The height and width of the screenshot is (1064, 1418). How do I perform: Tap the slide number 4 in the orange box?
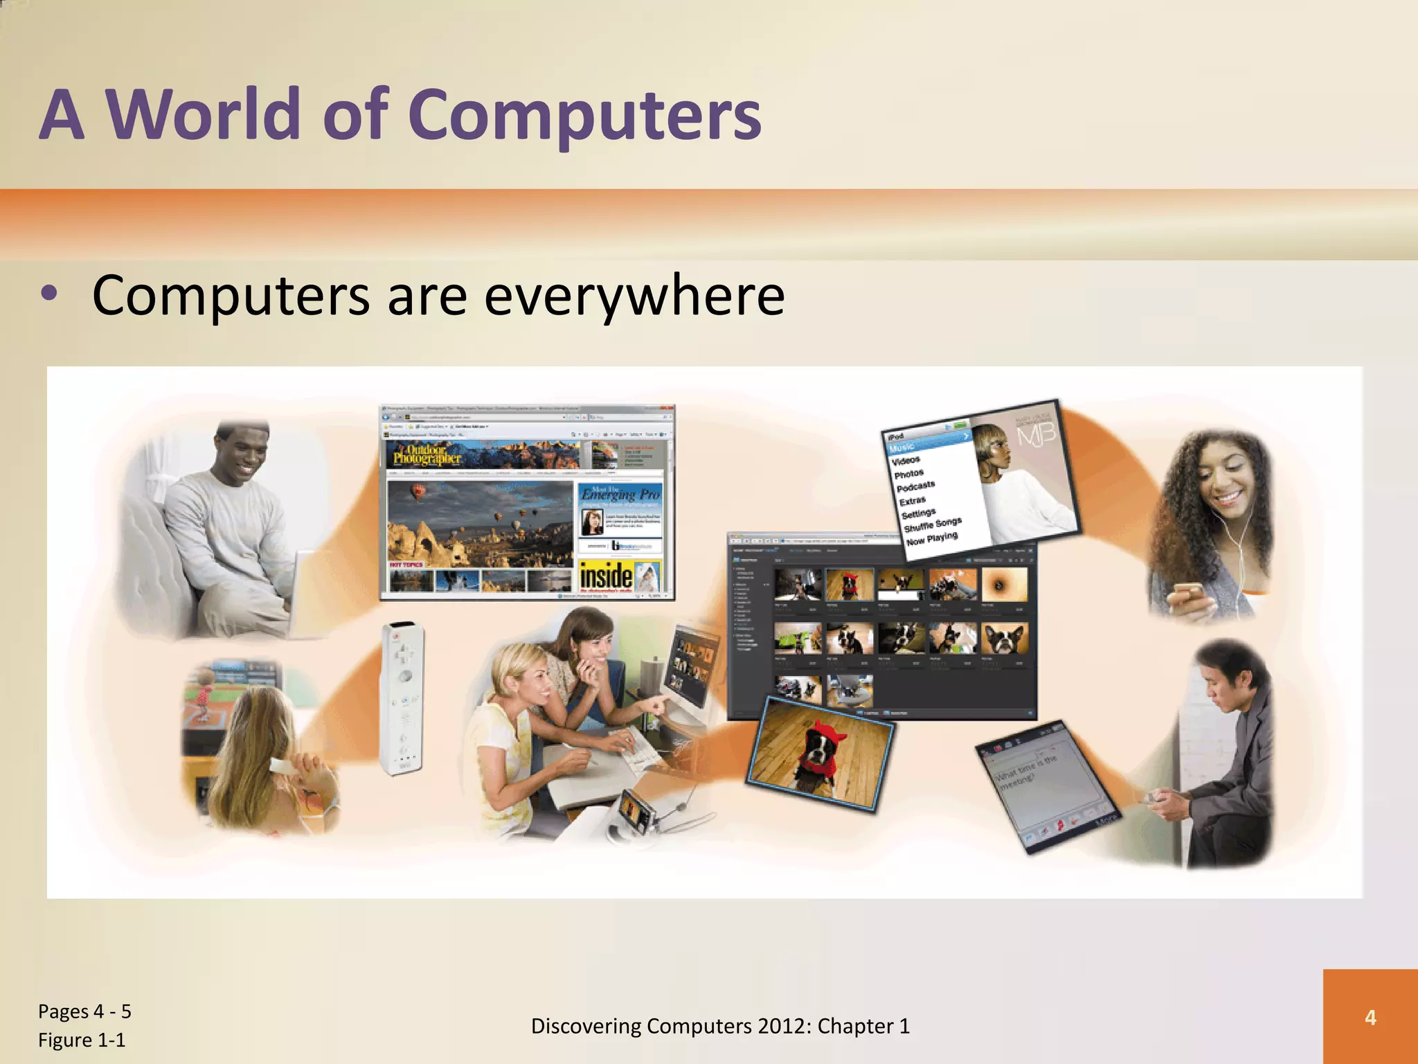pyautogui.click(x=1370, y=1017)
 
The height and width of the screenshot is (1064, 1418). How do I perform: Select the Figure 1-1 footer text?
pyautogui.click(x=82, y=1040)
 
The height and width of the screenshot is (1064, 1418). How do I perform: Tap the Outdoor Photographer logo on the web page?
pyautogui.click(x=427, y=454)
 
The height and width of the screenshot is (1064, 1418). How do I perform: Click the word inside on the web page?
pyautogui.click(x=606, y=576)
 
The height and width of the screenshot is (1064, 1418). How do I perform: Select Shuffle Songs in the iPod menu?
pyautogui.click(x=932, y=524)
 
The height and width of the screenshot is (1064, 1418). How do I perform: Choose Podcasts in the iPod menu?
pyautogui.click(x=915, y=486)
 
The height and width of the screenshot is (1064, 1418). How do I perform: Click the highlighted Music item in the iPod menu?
pyautogui.click(x=903, y=447)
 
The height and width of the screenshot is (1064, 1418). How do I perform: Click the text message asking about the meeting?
pyautogui.click(x=1025, y=772)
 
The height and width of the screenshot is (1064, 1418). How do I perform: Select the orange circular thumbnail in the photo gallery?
pyautogui.click(x=1005, y=585)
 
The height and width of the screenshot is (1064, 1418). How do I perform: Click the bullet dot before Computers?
pyautogui.click(x=49, y=294)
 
